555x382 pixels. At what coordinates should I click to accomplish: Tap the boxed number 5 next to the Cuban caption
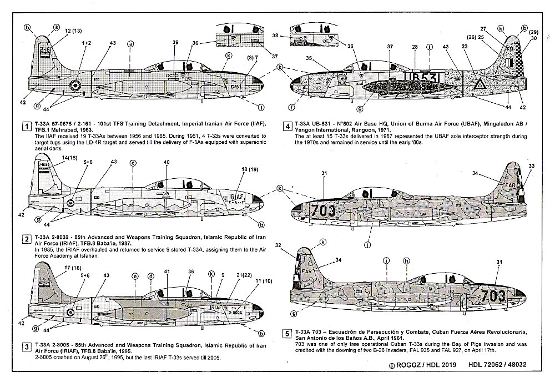coord(286,334)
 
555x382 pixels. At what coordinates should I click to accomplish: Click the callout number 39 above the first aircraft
coord(175,43)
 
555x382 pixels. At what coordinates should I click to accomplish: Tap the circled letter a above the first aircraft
coord(131,43)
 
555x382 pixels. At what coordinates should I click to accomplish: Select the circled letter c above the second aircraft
coord(133,163)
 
